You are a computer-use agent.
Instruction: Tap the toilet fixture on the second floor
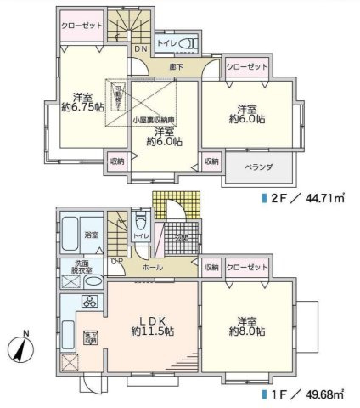[190, 43]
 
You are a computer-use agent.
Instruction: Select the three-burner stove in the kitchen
[89, 302]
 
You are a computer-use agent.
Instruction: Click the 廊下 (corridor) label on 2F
[176, 66]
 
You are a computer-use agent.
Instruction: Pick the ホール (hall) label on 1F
[153, 266]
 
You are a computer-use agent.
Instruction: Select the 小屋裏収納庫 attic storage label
[153, 120]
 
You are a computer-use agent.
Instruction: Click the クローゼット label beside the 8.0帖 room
[248, 267]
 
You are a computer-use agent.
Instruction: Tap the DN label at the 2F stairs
[141, 48]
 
